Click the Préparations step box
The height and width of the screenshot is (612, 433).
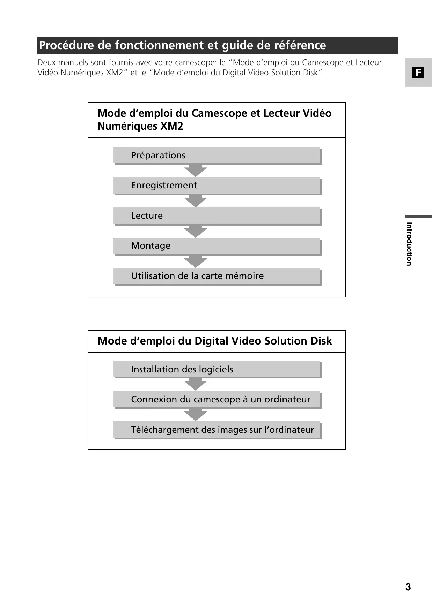click(217, 156)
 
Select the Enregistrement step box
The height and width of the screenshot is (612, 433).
click(217, 186)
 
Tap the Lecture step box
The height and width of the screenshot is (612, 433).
click(217, 216)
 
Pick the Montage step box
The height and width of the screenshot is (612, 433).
click(217, 246)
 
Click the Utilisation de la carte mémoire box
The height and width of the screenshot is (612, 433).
click(217, 276)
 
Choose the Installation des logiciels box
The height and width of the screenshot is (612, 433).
click(217, 369)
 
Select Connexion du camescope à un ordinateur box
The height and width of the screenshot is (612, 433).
click(217, 400)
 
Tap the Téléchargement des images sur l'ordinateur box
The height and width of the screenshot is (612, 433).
click(217, 430)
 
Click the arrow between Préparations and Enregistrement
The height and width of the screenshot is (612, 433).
click(196, 171)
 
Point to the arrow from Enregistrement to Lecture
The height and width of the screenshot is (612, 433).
click(196, 201)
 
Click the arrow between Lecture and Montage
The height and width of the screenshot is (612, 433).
click(196, 231)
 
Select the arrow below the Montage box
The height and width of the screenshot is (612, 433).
click(196, 261)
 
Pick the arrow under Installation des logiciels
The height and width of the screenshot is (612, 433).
click(196, 384)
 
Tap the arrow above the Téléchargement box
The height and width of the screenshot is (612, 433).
click(196, 415)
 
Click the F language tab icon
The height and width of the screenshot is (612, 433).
click(418, 73)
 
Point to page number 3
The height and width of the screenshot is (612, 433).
click(408, 587)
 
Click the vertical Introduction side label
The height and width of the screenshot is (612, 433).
click(409, 244)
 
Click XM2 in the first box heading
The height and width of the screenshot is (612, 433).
click(171, 126)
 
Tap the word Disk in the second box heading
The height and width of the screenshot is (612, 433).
click(321, 341)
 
